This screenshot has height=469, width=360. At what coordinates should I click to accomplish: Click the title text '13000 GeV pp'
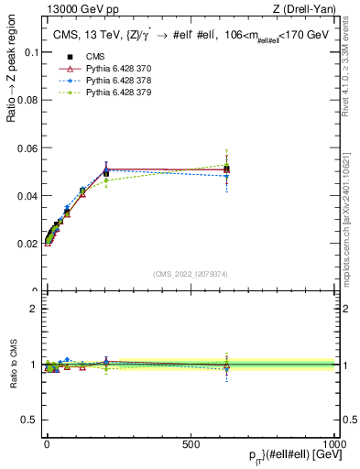(72, 10)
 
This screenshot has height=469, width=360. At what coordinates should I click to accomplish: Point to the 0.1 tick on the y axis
(29, 52)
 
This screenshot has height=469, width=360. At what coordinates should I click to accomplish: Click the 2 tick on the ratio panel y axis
(33, 309)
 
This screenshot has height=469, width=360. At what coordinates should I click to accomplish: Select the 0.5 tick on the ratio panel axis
(27, 420)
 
